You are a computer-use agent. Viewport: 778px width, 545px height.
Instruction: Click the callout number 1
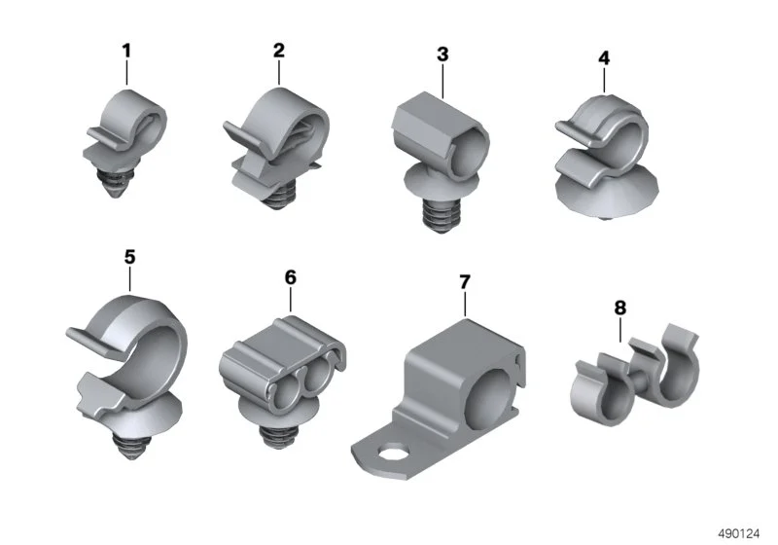click(126, 51)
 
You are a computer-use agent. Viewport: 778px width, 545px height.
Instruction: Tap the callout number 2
click(279, 51)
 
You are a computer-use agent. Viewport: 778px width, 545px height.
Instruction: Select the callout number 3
click(442, 54)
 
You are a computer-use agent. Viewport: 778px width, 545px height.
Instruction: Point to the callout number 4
click(604, 58)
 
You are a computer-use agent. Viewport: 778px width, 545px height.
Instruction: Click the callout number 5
click(129, 257)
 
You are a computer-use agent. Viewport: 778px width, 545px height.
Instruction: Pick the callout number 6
click(290, 277)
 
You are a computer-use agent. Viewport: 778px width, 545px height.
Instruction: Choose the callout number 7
click(465, 282)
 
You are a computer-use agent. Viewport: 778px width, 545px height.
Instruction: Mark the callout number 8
click(620, 308)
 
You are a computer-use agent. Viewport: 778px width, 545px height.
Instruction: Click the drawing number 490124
click(739, 534)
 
